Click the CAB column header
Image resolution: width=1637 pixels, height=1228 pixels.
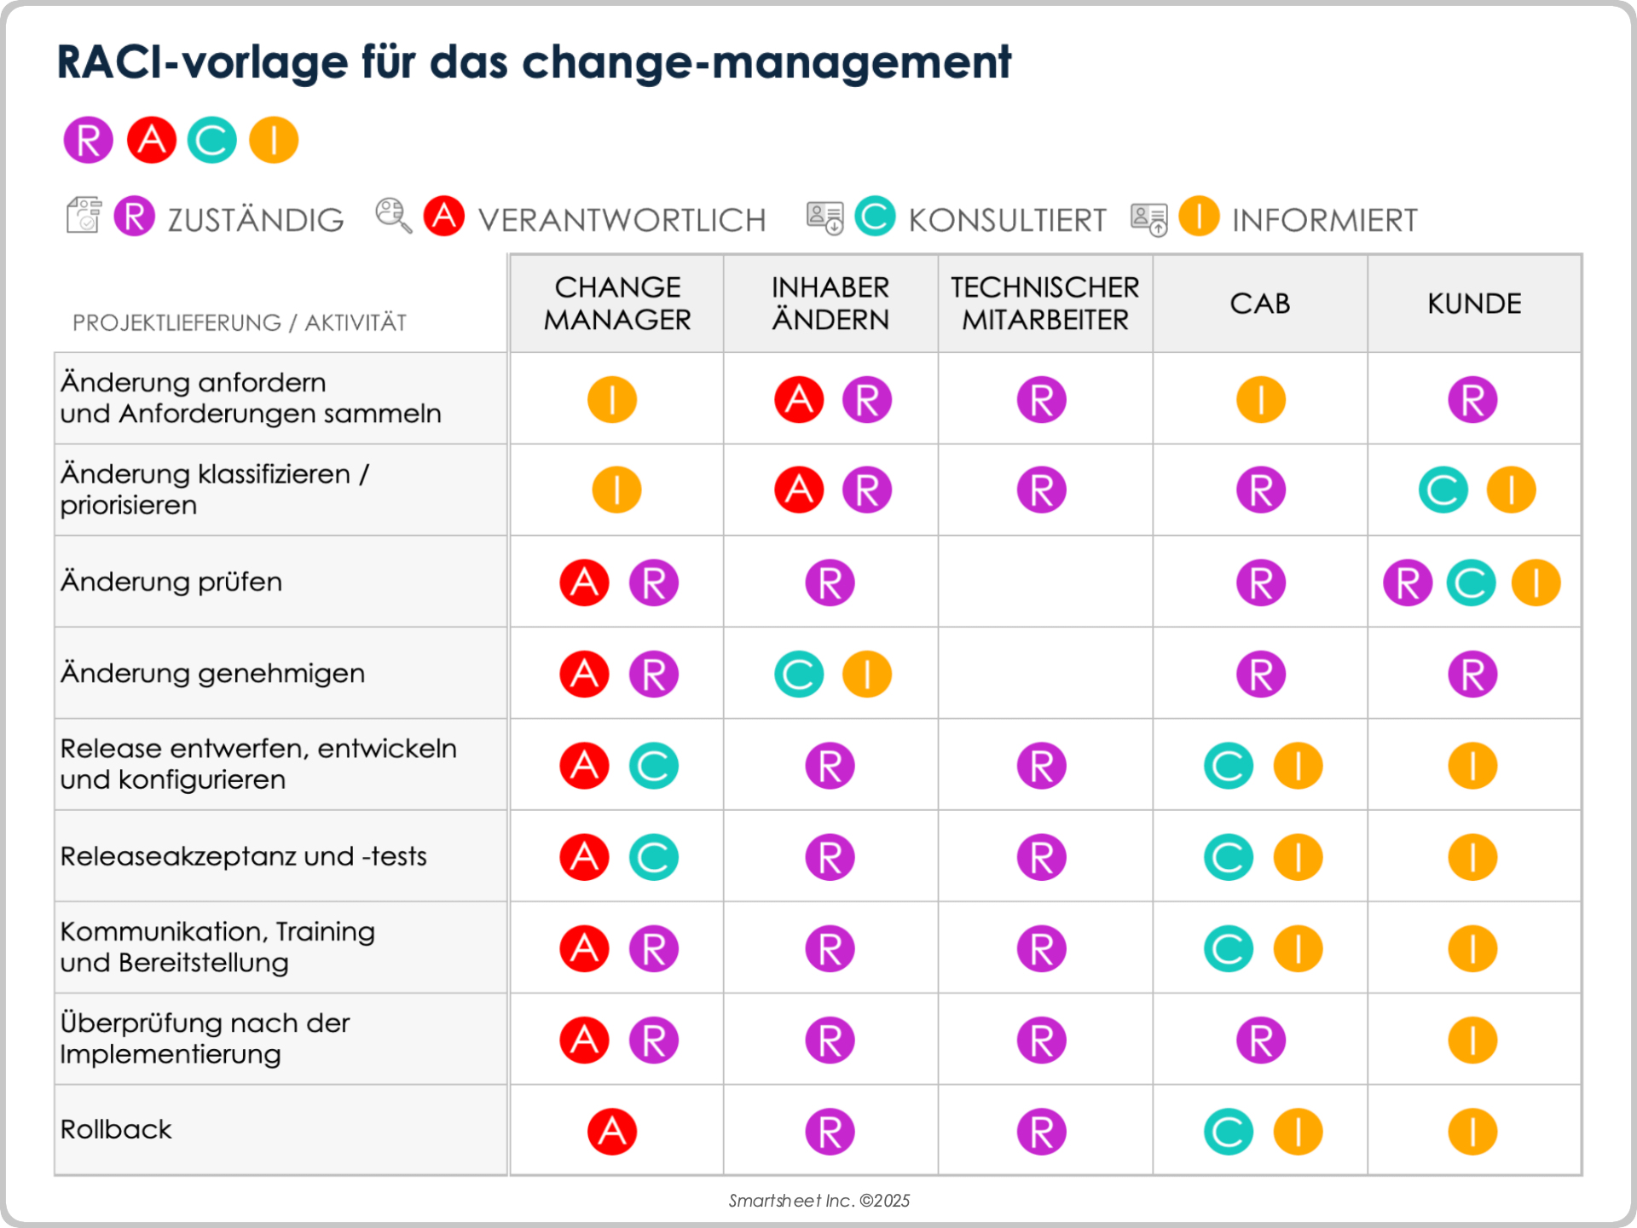point(1259,304)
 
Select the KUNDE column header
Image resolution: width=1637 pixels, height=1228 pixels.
point(1474,304)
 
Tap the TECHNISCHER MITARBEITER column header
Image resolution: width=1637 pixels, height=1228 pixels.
point(1044,304)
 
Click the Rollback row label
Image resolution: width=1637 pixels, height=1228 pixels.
point(116,1129)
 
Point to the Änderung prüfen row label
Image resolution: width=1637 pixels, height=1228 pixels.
point(171,582)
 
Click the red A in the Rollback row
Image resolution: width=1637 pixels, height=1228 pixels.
point(612,1132)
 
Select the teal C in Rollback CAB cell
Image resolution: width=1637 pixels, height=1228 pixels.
point(1229,1132)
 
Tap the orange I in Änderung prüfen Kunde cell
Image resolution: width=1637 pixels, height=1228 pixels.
point(1536,583)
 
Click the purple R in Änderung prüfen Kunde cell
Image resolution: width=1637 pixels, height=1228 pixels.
point(1408,583)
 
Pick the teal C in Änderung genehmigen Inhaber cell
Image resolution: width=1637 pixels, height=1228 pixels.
point(799,675)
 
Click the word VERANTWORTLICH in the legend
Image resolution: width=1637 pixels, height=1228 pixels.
point(622,220)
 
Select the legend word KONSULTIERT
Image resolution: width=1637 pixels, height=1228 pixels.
point(1007,220)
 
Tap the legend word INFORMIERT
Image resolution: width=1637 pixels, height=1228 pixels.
point(1324,220)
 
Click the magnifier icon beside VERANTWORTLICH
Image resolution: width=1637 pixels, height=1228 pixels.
point(393,216)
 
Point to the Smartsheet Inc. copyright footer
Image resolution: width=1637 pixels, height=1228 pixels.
point(818,1201)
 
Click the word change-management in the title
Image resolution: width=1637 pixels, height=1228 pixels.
point(766,62)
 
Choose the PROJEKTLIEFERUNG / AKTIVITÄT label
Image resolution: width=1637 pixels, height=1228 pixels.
point(239,323)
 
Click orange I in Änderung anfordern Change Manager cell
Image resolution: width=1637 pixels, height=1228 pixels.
point(612,399)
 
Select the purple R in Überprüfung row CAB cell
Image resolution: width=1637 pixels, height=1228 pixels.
point(1261,1040)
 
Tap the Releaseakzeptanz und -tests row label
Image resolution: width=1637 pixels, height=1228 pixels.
point(243,856)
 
